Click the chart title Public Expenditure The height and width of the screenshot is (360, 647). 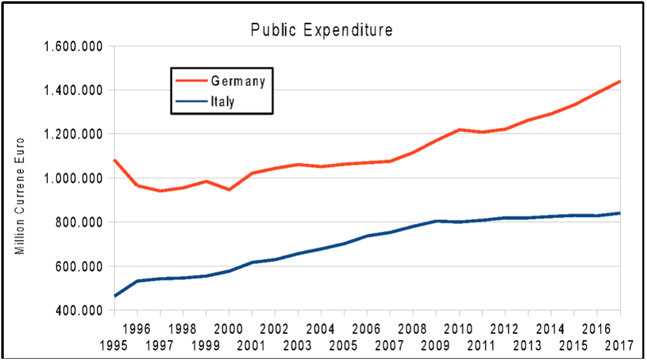(x=321, y=30)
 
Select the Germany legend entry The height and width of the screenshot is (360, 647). (x=237, y=81)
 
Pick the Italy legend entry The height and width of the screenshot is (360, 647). (x=223, y=101)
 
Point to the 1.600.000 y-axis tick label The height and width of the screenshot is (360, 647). (x=72, y=47)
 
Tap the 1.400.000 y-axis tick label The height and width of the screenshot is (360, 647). (x=72, y=90)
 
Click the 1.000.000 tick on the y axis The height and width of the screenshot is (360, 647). (x=72, y=178)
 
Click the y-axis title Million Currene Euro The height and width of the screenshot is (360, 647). (x=20, y=195)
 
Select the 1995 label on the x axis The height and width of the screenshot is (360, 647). (x=114, y=346)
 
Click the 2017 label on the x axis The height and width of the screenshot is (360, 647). (x=620, y=346)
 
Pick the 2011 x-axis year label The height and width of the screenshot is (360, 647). (x=482, y=346)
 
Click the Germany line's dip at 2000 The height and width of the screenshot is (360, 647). (x=229, y=190)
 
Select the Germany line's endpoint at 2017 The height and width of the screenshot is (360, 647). (x=620, y=82)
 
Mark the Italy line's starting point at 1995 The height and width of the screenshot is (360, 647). (x=115, y=296)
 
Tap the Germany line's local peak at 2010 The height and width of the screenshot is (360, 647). (x=459, y=130)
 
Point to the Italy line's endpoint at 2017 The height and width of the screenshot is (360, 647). (x=620, y=213)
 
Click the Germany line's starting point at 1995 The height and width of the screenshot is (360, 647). (x=115, y=160)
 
